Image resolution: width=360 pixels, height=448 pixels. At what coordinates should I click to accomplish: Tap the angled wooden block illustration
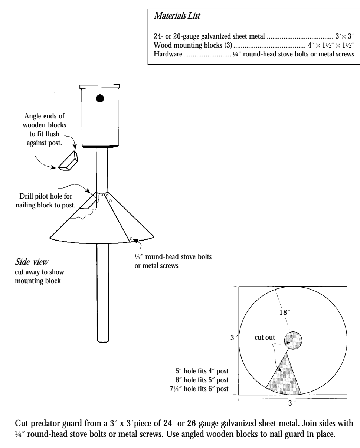67,162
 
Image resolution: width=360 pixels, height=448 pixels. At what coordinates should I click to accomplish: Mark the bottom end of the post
103,339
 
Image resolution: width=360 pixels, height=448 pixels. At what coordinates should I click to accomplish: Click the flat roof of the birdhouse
100,86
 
